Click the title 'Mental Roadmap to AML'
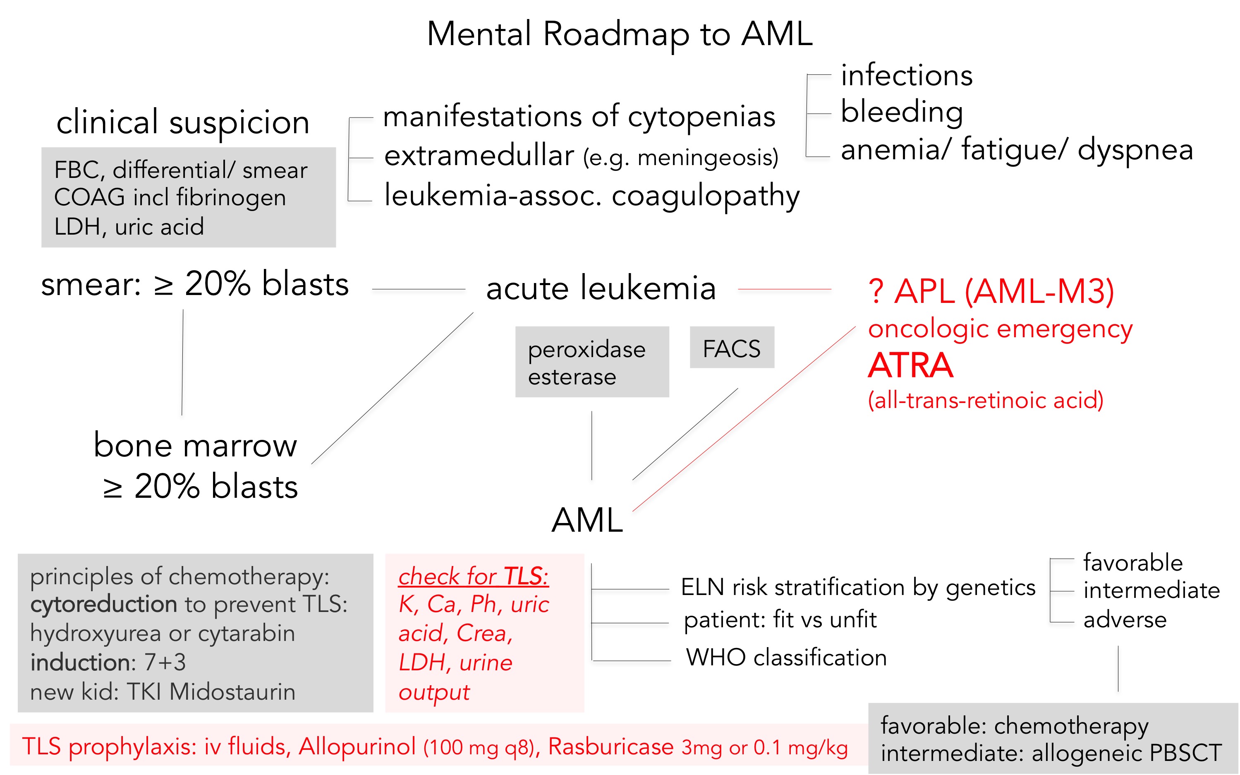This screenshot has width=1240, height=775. [x=619, y=34]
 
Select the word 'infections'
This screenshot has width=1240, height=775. [x=906, y=75]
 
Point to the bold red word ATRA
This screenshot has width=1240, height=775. [x=910, y=365]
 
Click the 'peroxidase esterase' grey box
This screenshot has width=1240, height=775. [x=591, y=362]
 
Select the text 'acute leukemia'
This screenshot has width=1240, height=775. [x=601, y=288]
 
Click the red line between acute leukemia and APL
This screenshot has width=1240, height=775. [x=784, y=290]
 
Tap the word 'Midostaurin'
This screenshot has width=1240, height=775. [x=232, y=692]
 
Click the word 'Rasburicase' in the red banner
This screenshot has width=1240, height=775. [x=610, y=746]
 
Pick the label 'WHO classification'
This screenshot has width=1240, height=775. [x=786, y=657]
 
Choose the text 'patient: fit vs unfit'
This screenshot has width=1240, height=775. [x=780, y=620]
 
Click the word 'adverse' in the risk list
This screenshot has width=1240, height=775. [x=1125, y=620]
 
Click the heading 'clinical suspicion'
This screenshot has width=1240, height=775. [x=183, y=122]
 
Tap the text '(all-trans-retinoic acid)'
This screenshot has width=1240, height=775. [x=985, y=400]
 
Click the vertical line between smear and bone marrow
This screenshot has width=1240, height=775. [x=182, y=362]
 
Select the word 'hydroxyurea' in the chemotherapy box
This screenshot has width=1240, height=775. [x=95, y=633]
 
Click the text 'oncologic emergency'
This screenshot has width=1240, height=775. [x=1000, y=329]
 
